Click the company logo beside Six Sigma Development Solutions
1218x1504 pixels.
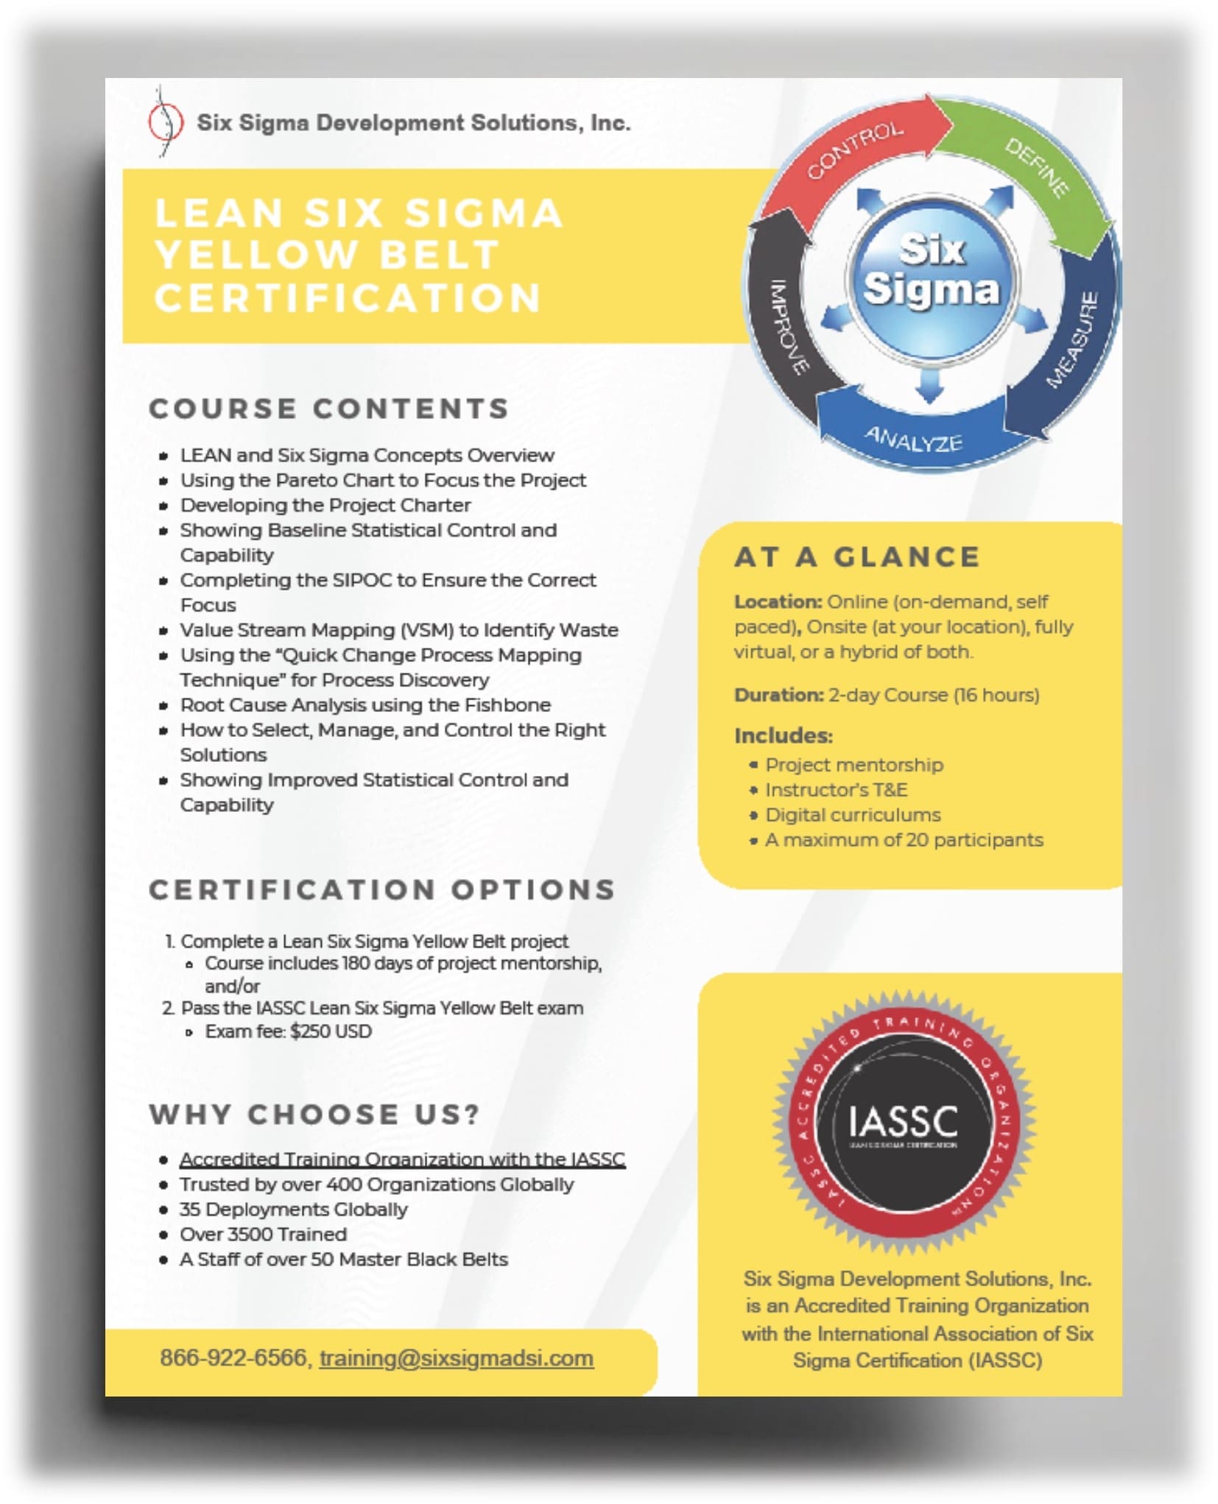click(165, 122)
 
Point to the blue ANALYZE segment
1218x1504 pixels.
click(913, 439)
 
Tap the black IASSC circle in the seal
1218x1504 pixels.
click(903, 1122)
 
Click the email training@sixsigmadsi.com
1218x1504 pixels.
click(456, 1358)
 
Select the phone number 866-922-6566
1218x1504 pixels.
click(234, 1358)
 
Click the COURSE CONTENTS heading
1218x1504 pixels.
click(329, 409)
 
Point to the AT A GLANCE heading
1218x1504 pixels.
click(857, 557)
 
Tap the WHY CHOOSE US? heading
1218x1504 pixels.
click(315, 1115)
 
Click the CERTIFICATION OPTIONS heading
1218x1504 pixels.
click(382, 890)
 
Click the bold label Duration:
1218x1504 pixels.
click(778, 695)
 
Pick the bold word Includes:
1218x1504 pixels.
click(784, 735)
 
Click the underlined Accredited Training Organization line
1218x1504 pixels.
click(402, 1159)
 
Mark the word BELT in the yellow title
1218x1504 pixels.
click(440, 255)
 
